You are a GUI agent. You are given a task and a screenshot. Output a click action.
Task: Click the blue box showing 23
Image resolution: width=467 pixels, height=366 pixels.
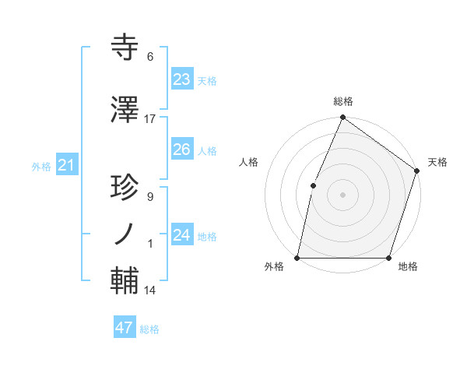181,79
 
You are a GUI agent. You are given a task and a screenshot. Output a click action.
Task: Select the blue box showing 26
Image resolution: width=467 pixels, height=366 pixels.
181,150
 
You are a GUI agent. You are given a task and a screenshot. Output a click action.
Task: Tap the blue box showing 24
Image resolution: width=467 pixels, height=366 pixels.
181,235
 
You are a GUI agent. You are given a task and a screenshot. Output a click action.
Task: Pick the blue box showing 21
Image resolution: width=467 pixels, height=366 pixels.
66,165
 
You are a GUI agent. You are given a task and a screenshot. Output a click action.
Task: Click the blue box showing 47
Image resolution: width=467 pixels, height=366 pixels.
125,328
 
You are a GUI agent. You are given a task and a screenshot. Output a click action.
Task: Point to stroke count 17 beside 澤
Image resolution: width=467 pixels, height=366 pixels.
150,119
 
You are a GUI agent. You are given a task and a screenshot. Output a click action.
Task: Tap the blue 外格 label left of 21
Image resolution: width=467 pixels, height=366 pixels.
40,167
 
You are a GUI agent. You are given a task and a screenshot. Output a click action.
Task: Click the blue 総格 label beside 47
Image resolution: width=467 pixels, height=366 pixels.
149,329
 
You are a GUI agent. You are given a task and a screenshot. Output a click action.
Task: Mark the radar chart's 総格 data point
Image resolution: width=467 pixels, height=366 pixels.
342,118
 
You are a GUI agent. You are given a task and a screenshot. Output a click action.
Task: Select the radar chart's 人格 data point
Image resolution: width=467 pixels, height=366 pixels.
313,185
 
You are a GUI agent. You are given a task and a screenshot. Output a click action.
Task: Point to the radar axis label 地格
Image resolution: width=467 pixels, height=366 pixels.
408,267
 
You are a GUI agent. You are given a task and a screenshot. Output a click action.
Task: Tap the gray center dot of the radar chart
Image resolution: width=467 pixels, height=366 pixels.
342,195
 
